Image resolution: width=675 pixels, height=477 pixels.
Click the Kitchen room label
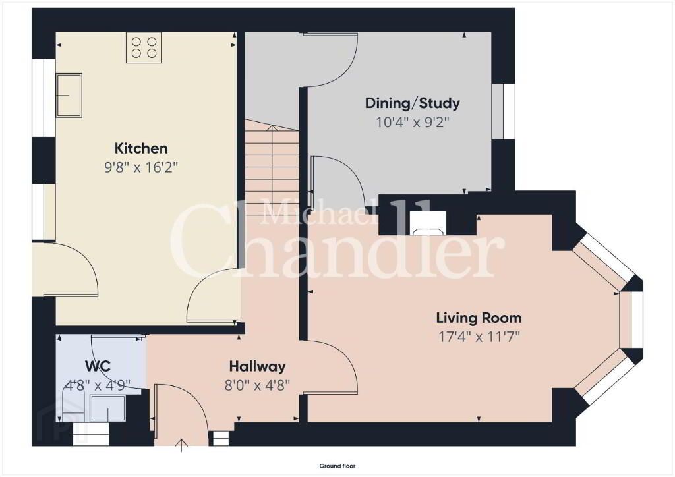[141, 148]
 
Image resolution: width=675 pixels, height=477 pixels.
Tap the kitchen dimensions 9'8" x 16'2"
[141, 167]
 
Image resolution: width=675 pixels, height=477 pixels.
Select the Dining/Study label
[413, 103]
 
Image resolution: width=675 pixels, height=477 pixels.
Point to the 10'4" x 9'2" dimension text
[413, 123]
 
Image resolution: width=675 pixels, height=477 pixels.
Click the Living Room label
[479, 318]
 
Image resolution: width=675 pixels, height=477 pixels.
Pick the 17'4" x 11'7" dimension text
[479, 337]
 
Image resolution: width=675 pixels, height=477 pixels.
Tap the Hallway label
[258, 366]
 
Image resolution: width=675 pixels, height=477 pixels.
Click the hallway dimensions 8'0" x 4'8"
[258, 385]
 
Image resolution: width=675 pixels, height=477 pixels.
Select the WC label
[98, 366]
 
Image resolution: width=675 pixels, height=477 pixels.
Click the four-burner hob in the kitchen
[144, 47]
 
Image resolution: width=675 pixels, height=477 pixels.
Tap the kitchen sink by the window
[69, 95]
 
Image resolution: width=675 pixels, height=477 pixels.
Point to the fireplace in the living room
[428, 223]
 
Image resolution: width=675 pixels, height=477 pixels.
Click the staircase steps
[272, 168]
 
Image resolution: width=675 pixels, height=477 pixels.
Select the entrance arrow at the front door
[182, 445]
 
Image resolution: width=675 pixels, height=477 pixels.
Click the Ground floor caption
[337, 466]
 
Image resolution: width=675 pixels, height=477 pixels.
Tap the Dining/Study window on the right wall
[503, 111]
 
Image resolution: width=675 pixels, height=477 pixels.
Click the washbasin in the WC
[108, 408]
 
